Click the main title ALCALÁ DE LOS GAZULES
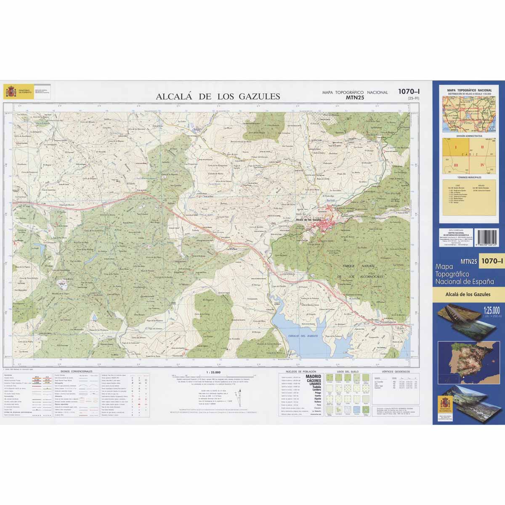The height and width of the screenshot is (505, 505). (x=218, y=96)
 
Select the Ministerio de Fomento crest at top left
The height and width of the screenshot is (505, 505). (x=10, y=91)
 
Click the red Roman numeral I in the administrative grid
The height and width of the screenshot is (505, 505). (x=455, y=147)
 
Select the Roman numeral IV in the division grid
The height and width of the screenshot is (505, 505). (x=482, y=165)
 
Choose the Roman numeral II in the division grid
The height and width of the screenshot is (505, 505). (x=482, y=147)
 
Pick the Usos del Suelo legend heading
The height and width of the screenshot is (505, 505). (x=347, y=372)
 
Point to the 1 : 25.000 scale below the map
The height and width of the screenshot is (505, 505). (x=214, y=372)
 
